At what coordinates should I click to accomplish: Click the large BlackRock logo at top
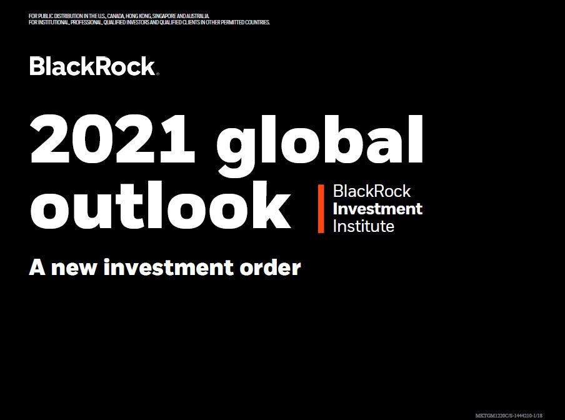coord(93,66)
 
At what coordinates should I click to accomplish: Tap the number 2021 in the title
coord(112,139)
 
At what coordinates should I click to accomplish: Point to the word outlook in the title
coord(161,206)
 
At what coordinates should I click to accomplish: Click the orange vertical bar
coord(321,209)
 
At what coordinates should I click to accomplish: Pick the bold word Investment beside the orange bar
coord(377,209)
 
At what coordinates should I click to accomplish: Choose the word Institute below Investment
coord(364,226)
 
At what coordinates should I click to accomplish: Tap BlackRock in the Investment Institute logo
coord(372,191)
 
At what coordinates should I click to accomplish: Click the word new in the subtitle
coord(74,268)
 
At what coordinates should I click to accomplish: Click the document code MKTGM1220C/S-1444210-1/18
coord(509,416)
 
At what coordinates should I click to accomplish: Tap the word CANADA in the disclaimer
coord(116,16)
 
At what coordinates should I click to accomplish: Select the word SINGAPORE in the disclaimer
coord(164,16)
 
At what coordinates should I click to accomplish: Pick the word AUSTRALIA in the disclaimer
coord(197,16)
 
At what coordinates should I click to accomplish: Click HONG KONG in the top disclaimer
coord(138,16)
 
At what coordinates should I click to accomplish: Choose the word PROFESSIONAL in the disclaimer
coord(86,22)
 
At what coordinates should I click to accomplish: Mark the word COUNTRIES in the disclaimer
coord(257,22)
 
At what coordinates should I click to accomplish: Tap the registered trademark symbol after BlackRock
coord(157,74)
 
